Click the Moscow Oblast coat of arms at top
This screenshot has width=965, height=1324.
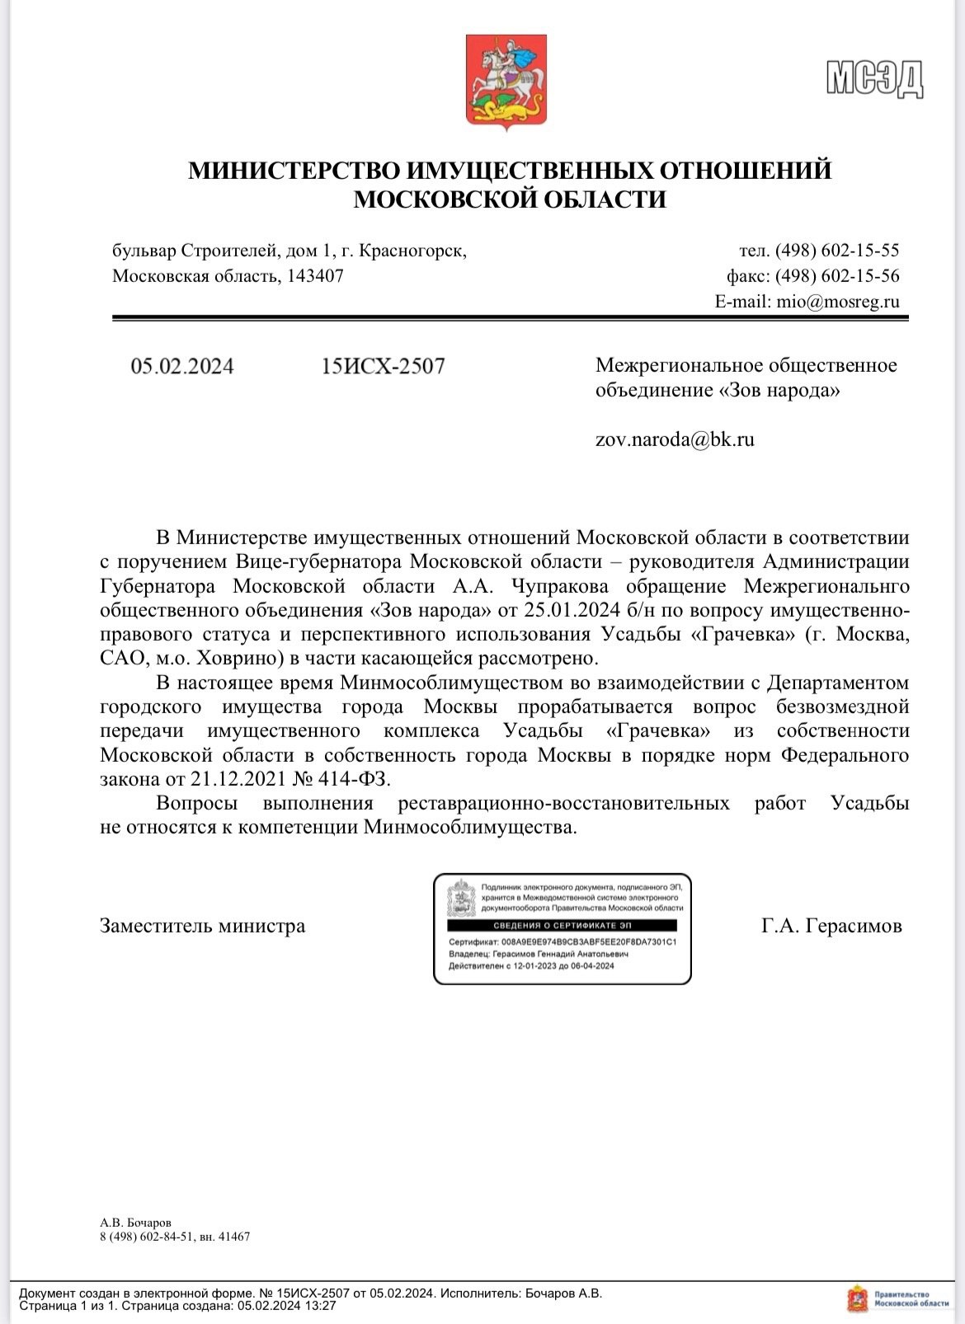506,79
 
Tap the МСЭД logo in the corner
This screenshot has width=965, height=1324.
874,80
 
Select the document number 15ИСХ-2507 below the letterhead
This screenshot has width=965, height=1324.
384,366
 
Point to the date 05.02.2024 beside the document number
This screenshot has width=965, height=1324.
182,366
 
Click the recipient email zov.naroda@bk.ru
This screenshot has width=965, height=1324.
675,439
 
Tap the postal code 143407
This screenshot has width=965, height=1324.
315,276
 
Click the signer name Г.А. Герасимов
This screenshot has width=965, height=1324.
831,926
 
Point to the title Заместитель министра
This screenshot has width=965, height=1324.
202,926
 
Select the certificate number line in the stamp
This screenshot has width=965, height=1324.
563,941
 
